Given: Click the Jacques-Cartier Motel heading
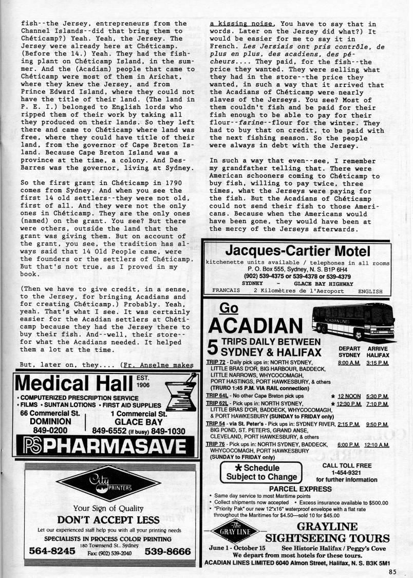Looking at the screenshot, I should (298, 251).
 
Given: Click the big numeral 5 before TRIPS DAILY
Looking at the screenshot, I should (212, 348).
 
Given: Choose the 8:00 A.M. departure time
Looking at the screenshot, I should (349, 362).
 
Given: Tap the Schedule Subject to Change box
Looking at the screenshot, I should (259, 472).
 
